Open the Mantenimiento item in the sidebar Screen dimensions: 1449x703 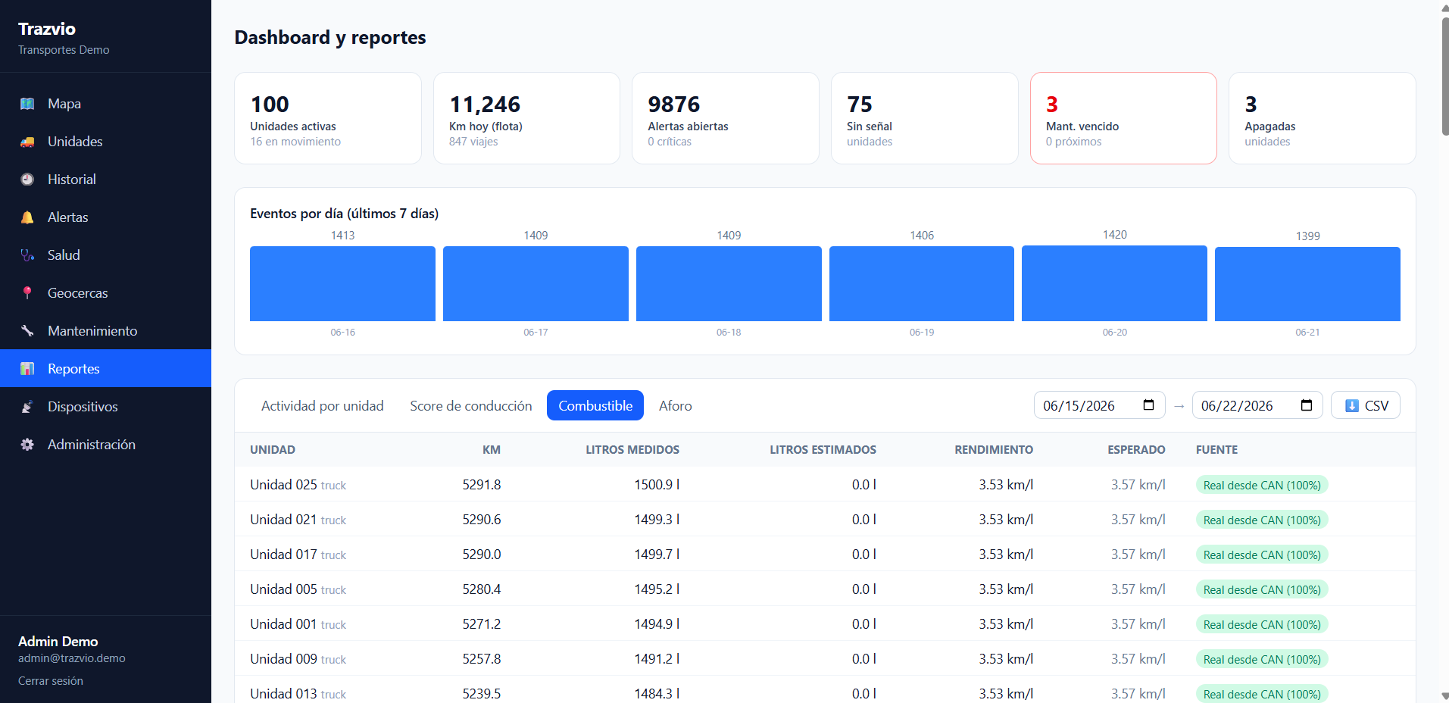(x=92, y=331)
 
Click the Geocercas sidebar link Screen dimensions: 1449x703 (x=77, y=293)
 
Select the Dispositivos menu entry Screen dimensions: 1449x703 (x=83, y=407)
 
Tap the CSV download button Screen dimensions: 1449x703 (x=1366, y=405)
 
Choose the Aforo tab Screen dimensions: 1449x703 (x=675, y=406)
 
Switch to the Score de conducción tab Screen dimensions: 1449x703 (x=471, y=406)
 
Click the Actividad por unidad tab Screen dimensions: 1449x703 (x=323, y=406)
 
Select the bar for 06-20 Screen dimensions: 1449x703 (x=1114, y=283)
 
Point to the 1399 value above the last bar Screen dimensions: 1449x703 (x=1307, y=236)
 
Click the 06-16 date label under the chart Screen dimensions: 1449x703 (x=342, y=333)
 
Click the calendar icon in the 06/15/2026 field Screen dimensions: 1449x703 (x=1148, y=405)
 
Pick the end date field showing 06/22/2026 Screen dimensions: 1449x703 (x=1257, y=405)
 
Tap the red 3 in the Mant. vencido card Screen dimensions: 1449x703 (x=1052, y=105)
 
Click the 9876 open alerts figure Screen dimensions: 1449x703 (x=674, y=105)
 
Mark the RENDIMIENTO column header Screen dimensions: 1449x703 (x=994, y=450)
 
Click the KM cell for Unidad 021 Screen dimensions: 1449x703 (x=482, y=520)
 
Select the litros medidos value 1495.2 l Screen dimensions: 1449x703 (x=657, y=589)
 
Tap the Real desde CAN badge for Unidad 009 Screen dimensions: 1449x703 (x=1262, y=660)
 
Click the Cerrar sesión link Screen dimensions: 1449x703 (x=51, y=681)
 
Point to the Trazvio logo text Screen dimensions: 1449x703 (x=47, y=29)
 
